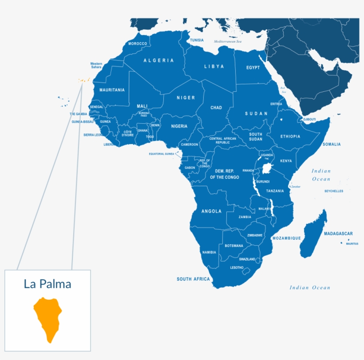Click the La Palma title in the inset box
point(47,284)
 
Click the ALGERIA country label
point(158,60)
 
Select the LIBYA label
point(214,67)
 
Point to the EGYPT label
point(253,68)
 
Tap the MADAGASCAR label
point(338,234)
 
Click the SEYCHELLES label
point(333,191)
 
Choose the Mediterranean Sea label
point(230,41)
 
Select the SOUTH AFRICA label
point(193,279)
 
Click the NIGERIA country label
point(179,126)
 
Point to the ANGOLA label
point(211,211)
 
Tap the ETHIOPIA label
point(290,137)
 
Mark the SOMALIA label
point(332,144)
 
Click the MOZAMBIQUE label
point(286,239)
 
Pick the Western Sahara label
point(96,65)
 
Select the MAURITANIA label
point(112,90)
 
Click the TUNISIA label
point(197,40)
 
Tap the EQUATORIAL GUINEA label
point(162,154)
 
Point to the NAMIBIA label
point(209,252)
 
